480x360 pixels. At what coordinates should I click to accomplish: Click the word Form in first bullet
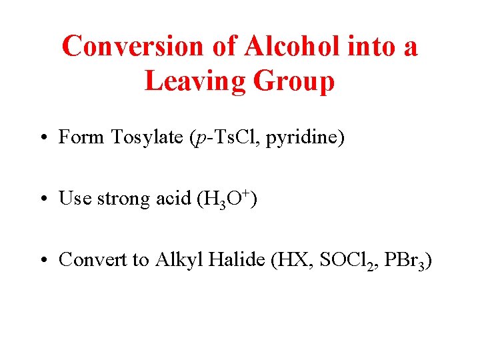pyautogui.click(x=81, y=137)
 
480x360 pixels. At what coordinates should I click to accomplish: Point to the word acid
pyautogui.click(x=174, y=199)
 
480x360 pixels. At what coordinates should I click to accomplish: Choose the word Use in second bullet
pyautogui.click(x=75, y=199)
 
